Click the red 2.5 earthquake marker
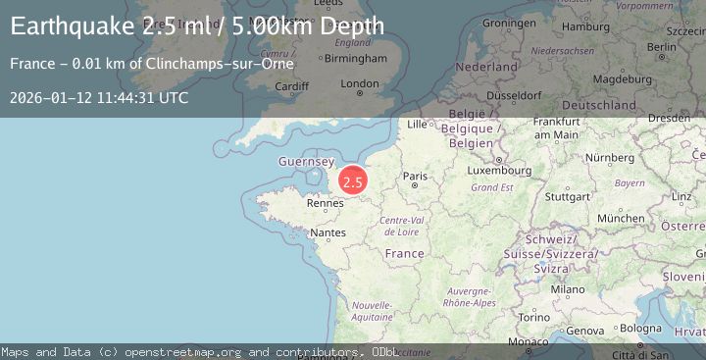click(x=353, y=181)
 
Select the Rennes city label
click(x=325, y=204)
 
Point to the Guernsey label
click(x=307, y=161)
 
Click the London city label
click(x=359, y=84)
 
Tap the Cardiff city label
click(x=292, y=85)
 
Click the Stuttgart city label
click(x=567, y=196)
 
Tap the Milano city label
click(x=567, y=289)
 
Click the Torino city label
click(x=534, y=318)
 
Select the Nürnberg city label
click(x=609, y=157)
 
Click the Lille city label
click(x=419, y=125)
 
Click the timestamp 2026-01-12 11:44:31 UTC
click(x=99, y=98)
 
